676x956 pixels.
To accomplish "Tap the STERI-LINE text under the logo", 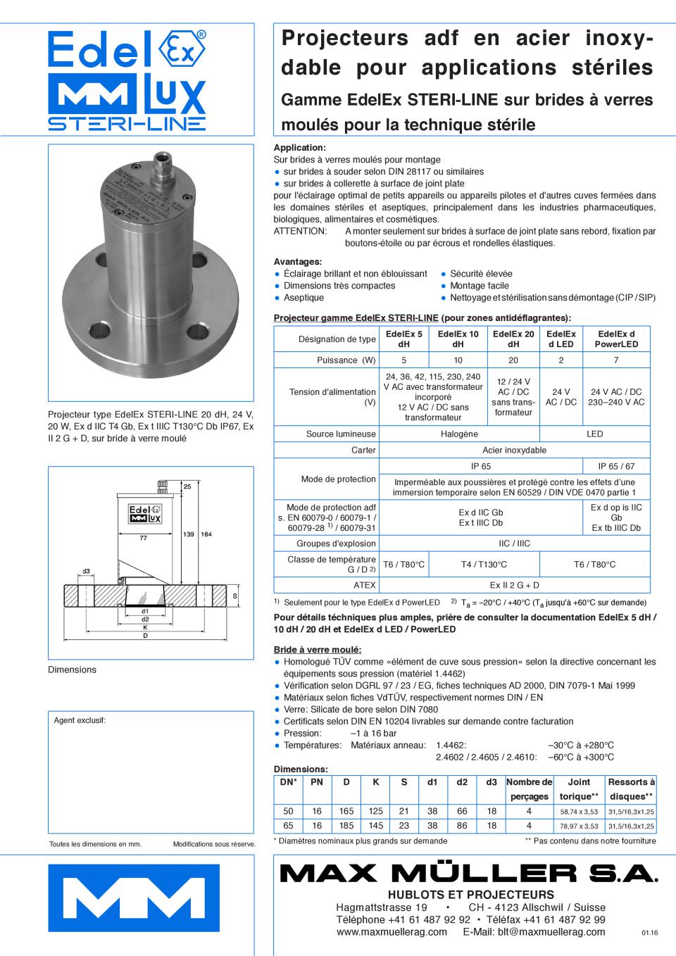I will click(x=127, y=124).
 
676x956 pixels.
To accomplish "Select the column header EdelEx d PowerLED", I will click(x=616, y=339).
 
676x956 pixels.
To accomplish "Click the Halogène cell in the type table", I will click(x=459, y=434).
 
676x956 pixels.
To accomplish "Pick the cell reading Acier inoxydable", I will click(x=514, y=451).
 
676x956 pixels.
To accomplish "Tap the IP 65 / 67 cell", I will click(x=616, y=466).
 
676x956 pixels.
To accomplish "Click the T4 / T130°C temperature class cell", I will click(x=484, y=565).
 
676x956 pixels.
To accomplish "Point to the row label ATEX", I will click(x=365, y=585).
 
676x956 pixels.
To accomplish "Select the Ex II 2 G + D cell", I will click(x=514, y=585).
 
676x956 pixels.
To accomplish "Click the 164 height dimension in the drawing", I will click(x=206, y=535).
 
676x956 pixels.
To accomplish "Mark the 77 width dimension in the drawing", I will click(x=143, y=538).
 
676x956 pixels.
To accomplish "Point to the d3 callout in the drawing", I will click(x=86, y=571).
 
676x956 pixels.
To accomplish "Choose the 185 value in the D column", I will click(x=346, y=826).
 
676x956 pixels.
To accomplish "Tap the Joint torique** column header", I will click(x=579, y=789).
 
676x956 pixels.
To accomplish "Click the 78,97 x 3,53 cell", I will click(x=579, y=826).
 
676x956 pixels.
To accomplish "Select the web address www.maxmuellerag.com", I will click(x=392, y=932).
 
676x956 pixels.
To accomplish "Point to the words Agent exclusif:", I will click(x=80, y=720).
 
